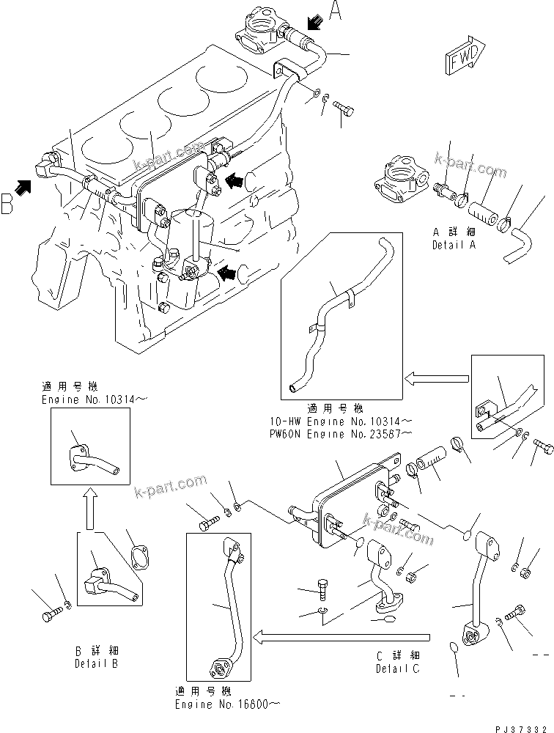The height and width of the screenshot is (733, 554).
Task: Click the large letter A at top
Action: point(336,11)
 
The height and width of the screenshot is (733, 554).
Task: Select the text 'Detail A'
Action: point(453,245)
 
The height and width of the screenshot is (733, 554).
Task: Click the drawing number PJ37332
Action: point(520,723)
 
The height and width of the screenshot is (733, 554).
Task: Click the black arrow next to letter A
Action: point(314,26)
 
